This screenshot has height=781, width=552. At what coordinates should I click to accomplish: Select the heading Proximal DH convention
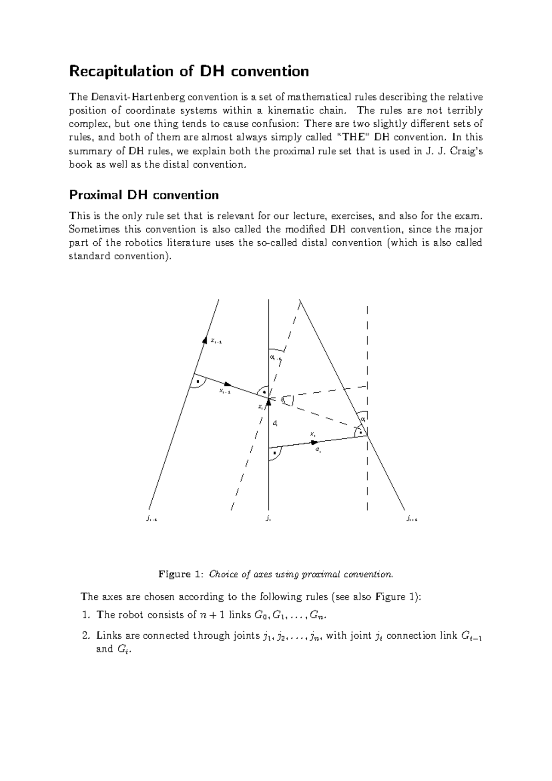(x=144, y=195)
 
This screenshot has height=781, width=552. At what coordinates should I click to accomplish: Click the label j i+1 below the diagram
(x=411, y=519)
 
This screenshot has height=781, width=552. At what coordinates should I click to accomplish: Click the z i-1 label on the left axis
(x=216, y=341)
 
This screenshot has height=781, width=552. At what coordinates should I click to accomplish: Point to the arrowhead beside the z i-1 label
(x=205, y=340)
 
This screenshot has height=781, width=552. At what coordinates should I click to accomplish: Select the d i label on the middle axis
(x=275, y=423)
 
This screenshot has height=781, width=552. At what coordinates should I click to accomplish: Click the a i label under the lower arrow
(x=317, y=450)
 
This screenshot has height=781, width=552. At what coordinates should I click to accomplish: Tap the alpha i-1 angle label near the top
(x=276, y=358)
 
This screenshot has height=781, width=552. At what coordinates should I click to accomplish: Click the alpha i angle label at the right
(x=363, y=419)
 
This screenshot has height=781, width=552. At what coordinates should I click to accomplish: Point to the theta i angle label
(x=283, y=400)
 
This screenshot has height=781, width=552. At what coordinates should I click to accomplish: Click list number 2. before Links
(x=86, y=635)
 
